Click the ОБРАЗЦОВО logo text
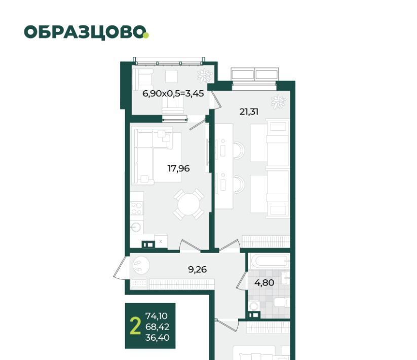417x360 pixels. point(85,32)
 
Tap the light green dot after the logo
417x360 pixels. point(146,35)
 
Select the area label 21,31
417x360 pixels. point(249,112)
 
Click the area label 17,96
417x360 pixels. point(178,168)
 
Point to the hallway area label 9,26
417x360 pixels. point(197,270)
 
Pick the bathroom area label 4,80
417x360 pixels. point(264,282)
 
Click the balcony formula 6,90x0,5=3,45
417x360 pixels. point(173,94)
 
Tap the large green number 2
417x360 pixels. point(135,327)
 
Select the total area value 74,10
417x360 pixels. point(157,316)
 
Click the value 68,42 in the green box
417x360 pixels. point(157,327)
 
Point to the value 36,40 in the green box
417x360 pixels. point(157,338)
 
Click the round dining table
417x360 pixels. point(189,204)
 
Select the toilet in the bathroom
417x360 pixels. point(281,302)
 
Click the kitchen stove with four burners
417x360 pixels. point(137,208)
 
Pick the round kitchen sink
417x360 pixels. point(136,228)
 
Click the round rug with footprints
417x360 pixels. point(139,266)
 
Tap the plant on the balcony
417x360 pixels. point(205,75)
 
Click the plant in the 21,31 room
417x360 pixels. point(278,101)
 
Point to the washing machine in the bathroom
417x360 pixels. point(254,306)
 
